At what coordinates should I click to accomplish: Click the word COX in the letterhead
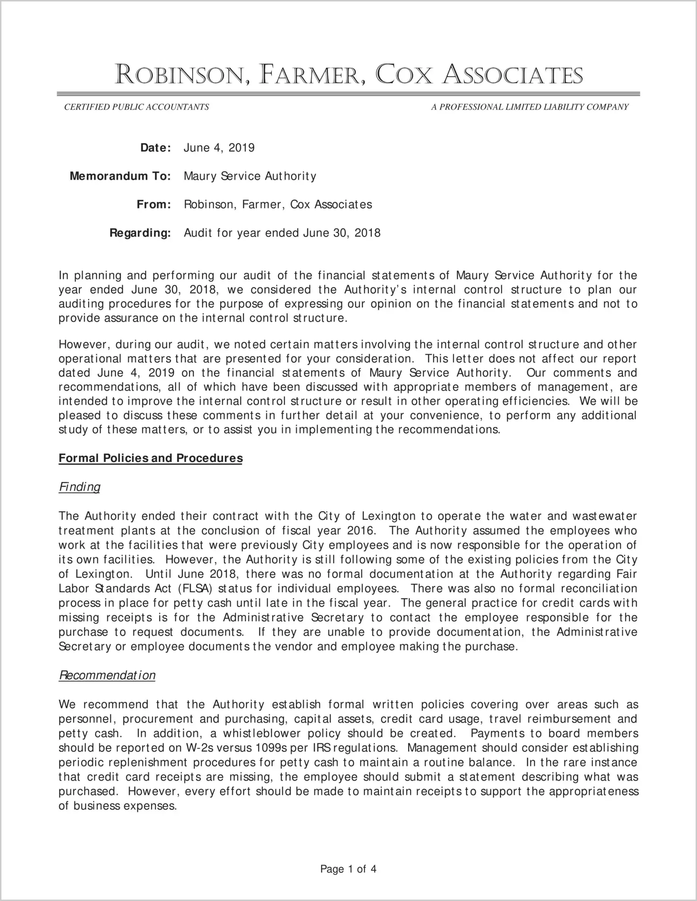point(404,75)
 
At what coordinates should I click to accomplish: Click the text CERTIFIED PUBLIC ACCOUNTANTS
point(136,107)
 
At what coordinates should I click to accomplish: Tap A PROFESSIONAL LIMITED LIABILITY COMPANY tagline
point(530,107)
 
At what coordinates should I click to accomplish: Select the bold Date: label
point(156,148)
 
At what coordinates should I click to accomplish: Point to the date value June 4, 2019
point(219,148)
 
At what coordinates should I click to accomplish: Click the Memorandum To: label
point(120,176)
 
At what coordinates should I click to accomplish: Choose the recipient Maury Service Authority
point(250,176)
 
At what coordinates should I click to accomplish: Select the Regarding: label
point(140,233)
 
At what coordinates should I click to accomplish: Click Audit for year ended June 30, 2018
point(282,233)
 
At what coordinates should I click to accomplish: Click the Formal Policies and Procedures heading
point(150,458)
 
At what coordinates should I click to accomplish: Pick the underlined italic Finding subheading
point(79,487)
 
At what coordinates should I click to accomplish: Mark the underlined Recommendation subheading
point(107,676)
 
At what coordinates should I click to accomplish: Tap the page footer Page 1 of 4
point(348,869)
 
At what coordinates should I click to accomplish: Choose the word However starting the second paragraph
point(84,345)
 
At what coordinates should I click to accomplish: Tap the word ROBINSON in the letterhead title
point(180,75)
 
